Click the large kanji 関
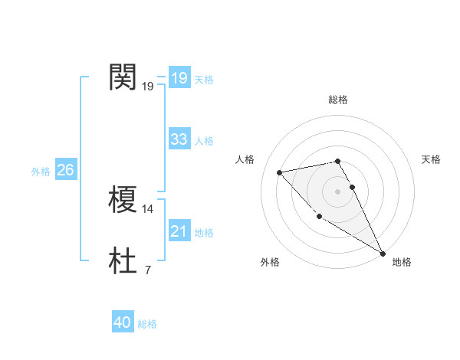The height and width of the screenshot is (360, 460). [x=123, y=77]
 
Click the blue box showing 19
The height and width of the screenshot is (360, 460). [x=179, y=78]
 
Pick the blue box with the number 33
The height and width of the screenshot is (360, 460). [x=179, y=139]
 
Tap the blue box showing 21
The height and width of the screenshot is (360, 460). [x=179, y=231]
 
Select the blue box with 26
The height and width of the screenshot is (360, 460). [x=65, y=170]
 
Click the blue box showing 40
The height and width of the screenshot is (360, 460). [x=123, y=323]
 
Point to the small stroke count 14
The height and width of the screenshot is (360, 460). [x=148, y=208]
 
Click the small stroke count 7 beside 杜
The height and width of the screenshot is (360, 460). [x=148, y=270]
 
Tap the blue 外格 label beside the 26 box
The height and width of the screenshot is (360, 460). [x=41, y=172]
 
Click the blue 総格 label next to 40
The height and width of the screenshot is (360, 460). [x=147, y=324]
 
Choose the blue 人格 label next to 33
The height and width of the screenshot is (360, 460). [x=204, y=140]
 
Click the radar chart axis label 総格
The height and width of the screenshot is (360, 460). [x=338, y=100]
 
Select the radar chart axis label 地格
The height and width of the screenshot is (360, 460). [x=402, y=262]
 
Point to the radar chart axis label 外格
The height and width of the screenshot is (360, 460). [x=270, y=262]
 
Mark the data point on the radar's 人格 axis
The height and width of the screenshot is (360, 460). [x=279, y=172]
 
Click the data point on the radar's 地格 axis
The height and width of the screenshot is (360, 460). [x=383, y=254]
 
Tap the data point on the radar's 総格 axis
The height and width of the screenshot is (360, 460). [x=337, y=161]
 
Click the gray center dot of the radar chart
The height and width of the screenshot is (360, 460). [x=337, y=191]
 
